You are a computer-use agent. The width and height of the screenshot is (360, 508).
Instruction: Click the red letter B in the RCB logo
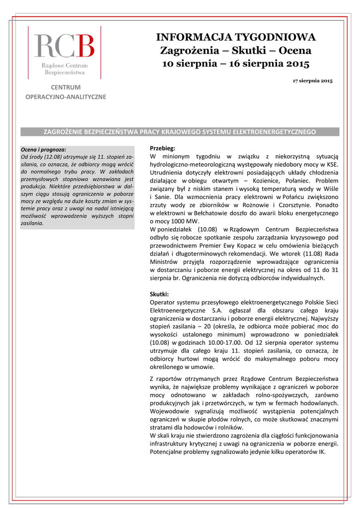click(85, 46)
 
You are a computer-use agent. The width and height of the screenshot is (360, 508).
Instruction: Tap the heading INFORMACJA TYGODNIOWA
click(236, 37)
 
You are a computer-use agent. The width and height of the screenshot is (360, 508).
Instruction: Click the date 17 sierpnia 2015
click(312, 80)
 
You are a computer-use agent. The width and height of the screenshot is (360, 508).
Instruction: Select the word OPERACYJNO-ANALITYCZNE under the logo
click(66, 97)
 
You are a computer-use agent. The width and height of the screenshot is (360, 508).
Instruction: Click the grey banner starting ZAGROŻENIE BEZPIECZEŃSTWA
click(180, 132)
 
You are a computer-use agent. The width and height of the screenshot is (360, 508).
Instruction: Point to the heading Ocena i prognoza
click(43, 149)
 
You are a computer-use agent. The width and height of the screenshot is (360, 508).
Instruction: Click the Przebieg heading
click(162, 148)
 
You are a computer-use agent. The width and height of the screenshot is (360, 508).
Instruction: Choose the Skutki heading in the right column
click(159, 294)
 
